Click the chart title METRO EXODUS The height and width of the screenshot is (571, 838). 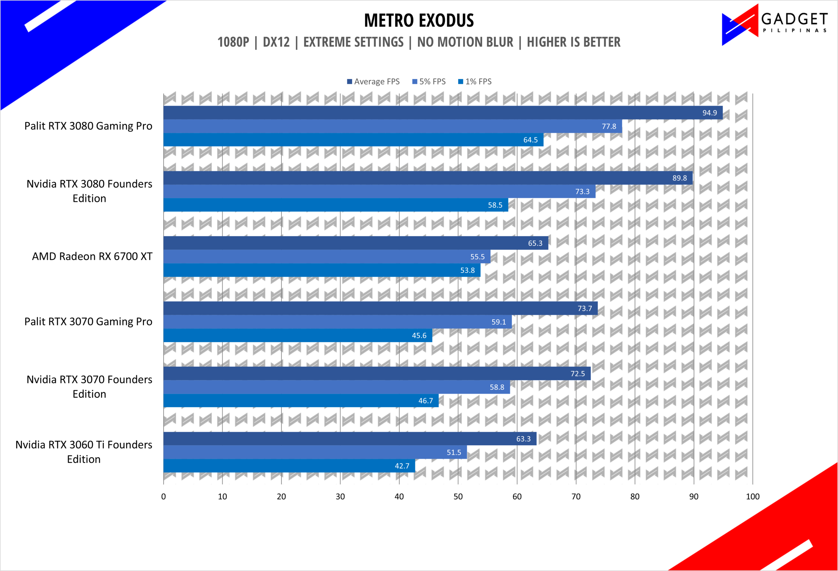(x=419, y=20)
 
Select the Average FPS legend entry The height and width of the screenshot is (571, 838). (x=373, y=82)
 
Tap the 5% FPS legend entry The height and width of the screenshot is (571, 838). (x=429, y=82)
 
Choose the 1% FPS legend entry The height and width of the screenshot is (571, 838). (x=475, y=82)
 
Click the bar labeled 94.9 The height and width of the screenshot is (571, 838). (x=443, y=113)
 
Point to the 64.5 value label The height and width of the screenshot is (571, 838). (x=530, y=140)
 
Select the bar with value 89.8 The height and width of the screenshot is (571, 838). (x=428, y=178)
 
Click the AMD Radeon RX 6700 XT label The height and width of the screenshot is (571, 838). (x=92, y=256)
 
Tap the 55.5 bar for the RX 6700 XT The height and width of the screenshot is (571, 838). (x=327, y=257)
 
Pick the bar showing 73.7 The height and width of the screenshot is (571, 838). (x=380, y=308)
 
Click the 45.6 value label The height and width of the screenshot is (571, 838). (x=419, y=336)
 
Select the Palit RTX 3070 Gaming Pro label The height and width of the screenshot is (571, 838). (x=88, y=322)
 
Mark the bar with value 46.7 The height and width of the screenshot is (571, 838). (x=301, y=401)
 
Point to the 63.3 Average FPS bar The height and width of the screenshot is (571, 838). (x=350, y=439)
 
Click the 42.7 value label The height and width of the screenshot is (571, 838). (x=402, y=466)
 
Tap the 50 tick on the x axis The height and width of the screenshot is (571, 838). (x=458, y=497)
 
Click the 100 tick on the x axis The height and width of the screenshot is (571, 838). (x=753, y=497)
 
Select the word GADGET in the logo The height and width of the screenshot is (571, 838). (x=794, y=18)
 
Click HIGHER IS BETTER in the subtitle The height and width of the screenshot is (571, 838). (x=574, y=42)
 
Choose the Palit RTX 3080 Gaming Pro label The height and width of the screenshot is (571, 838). (x=88, y=126)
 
